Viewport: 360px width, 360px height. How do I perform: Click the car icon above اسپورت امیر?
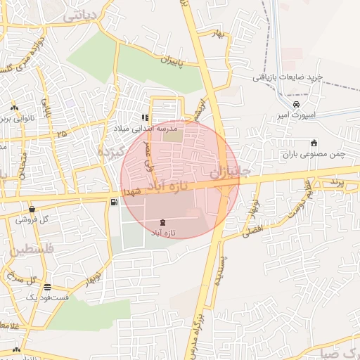pyautogui.click(x=296, y=104)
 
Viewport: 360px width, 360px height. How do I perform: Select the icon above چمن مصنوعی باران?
pyautogui.click(x=314, y=143)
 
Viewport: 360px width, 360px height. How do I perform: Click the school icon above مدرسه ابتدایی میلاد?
pyautogui.click(x=145, y=118)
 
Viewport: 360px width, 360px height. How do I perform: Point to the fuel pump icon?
pyautogui.click(x=113, y=202)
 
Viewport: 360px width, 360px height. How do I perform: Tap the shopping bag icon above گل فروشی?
pyautogui.click(x=32, y=209)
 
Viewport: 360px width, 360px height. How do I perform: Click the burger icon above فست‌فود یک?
pyautogui.click(x=47, y=287)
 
